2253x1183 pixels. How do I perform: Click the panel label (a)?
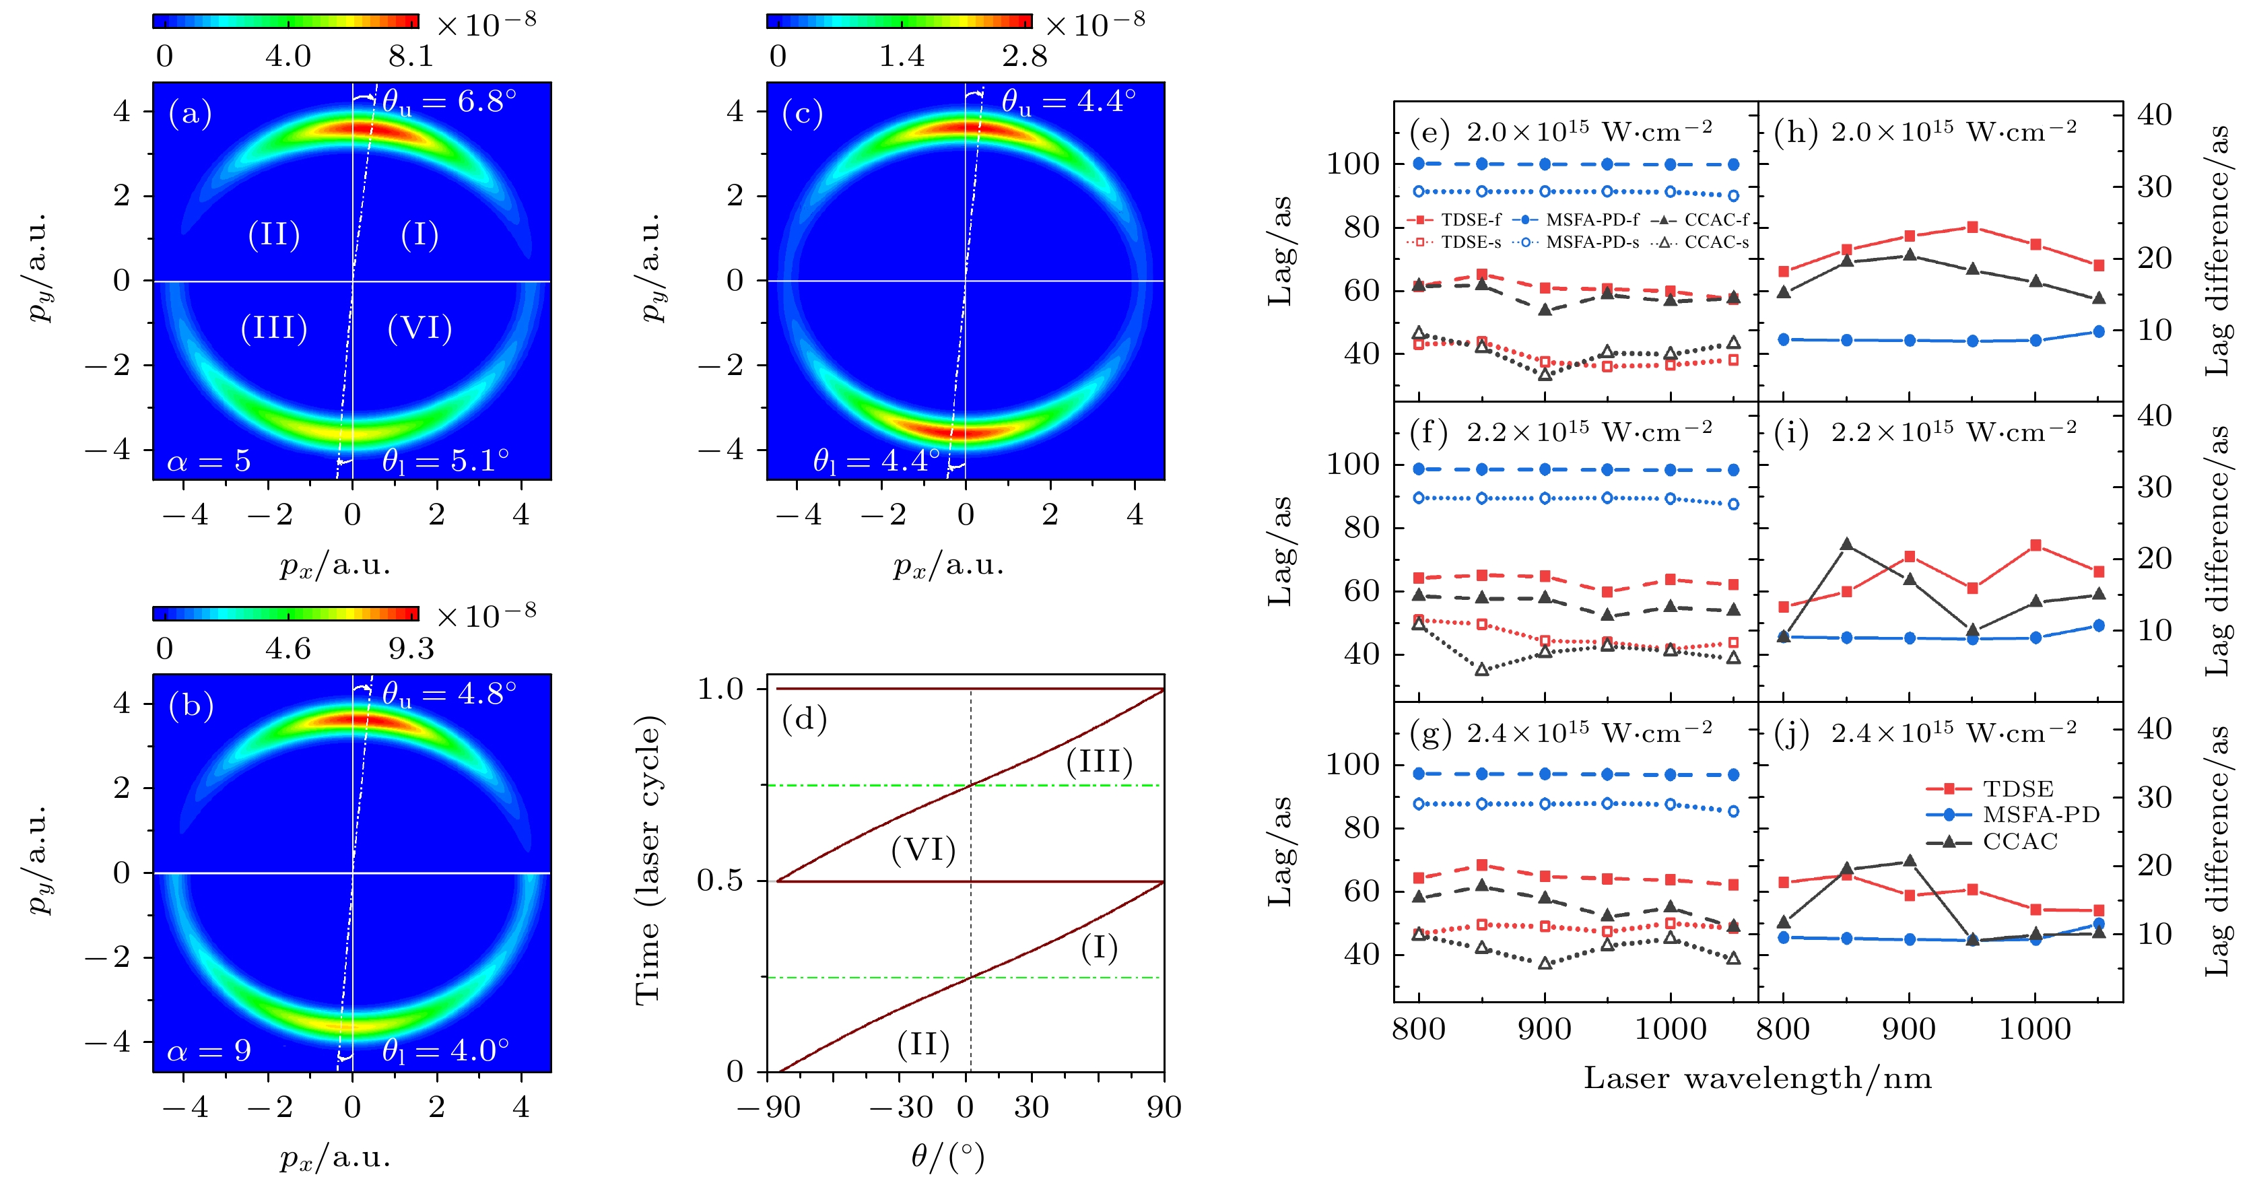coord(190,114)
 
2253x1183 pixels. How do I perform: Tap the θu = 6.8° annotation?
coord(448,102)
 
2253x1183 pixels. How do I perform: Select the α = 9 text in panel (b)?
coord(209,1050)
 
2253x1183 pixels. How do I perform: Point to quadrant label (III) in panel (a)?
coord(274,328)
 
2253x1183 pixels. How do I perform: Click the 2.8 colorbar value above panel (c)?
coord(1024,57)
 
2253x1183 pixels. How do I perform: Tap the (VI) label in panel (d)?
coord(922,850)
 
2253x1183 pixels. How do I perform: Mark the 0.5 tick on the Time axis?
coord(720,881)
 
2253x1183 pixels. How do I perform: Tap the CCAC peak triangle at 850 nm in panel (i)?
coord(1846,545)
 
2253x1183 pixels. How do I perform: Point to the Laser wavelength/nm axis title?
coord(1757,1078)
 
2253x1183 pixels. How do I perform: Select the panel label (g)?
coord(1431,733)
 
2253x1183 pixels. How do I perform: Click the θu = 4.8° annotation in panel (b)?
coord(448,694)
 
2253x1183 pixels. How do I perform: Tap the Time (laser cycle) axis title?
coord(648,860)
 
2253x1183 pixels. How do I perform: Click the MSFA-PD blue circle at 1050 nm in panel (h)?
coord(2098,331)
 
